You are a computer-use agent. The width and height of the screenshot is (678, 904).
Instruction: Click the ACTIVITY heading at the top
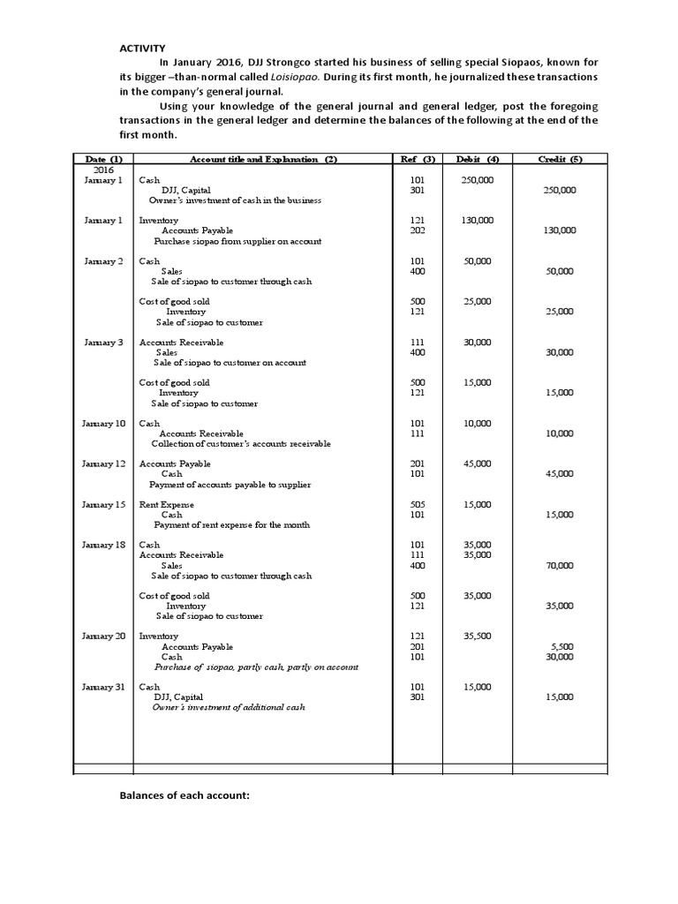[142, 48]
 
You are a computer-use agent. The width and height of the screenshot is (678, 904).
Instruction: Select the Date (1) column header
[104, 159]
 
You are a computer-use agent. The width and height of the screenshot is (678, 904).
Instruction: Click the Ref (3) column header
[418, 159]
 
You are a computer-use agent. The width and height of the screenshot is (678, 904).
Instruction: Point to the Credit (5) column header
[561, 159]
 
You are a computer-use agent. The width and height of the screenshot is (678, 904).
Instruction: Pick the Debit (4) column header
[478, 159]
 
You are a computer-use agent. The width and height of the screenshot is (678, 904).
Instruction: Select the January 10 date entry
[104, 424]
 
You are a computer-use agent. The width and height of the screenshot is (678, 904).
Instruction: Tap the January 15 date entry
[104, 505]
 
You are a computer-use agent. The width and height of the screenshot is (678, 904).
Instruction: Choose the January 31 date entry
[104, 687]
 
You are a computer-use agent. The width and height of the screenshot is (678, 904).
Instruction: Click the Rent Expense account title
[166, 505]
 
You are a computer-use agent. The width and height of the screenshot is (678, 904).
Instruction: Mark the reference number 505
[418, 505]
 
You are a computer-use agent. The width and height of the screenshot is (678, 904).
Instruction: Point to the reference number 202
[418, 230]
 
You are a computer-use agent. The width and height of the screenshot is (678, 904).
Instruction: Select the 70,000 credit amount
[560, 566]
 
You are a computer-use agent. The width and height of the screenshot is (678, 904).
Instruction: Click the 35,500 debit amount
[478, 637]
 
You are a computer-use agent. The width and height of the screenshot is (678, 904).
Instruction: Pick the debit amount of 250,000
[478, 180]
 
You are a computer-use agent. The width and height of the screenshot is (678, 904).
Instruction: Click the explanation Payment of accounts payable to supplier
[230, 485]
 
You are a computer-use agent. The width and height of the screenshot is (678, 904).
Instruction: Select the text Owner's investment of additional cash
[229, 708]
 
